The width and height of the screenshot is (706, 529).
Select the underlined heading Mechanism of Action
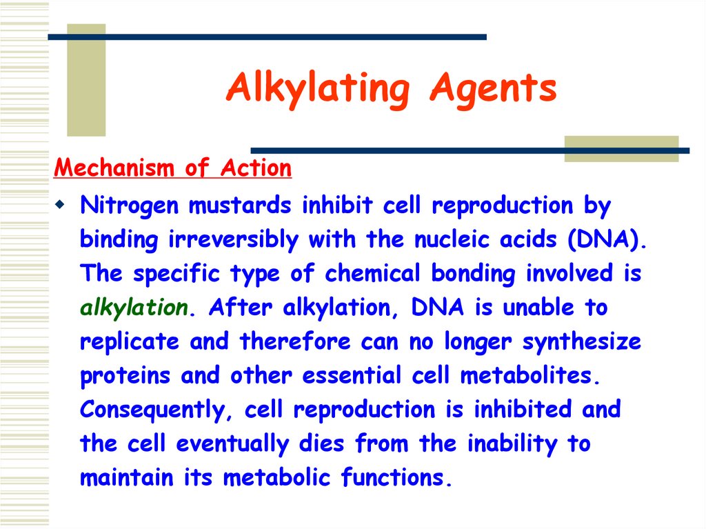[173, 168]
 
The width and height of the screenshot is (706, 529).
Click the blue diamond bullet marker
[61, 205]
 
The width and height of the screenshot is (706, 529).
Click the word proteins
[125, 376]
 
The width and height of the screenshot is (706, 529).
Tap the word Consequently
[158, 410]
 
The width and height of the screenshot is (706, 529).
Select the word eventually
[233, 443]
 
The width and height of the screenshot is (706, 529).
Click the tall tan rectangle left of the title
[86, 80]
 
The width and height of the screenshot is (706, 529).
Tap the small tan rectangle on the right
[621, 148]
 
